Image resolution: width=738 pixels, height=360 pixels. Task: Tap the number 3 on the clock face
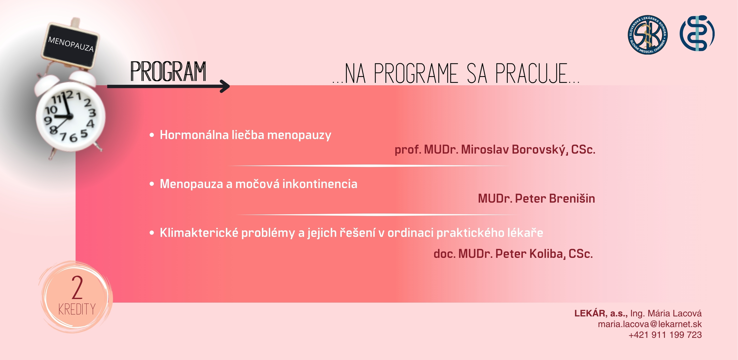[x=92, y=113]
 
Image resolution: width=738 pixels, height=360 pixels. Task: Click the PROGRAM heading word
[x=168, y=71]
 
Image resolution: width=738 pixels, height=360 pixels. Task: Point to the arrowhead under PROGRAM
[x=225, y=86]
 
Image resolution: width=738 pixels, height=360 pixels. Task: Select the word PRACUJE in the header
[x=532, y=74]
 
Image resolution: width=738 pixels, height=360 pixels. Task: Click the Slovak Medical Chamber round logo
[x=648, y=35]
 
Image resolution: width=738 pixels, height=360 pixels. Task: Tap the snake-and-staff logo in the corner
[x=697, y=33]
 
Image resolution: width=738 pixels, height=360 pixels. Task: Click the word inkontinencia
[x=320, y=184]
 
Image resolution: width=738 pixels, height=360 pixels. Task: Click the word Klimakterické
[x=199, y=233]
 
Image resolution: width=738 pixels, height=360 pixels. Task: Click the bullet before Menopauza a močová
[x=152, y=184]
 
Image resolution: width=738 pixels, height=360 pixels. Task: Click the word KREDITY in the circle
[x=77, y=309]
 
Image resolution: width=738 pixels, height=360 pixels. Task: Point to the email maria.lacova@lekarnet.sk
[x=650, y=324]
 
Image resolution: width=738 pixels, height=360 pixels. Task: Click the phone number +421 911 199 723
[x=665, y=335]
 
